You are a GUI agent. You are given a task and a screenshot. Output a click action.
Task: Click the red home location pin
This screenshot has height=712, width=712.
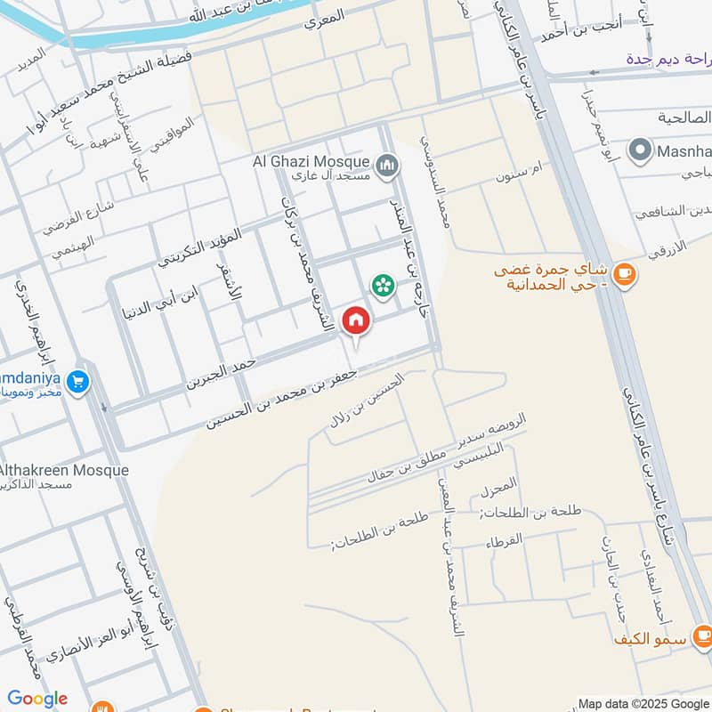(356, 321)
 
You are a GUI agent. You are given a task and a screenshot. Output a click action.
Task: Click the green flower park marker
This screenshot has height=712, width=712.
(383, 286)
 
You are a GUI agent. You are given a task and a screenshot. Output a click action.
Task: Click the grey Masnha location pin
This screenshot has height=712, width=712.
(638, 150)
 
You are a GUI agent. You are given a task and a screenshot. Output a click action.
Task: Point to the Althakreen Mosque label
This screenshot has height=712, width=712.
(64, 470)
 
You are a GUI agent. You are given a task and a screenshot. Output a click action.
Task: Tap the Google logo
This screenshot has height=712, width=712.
(37, 699)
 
